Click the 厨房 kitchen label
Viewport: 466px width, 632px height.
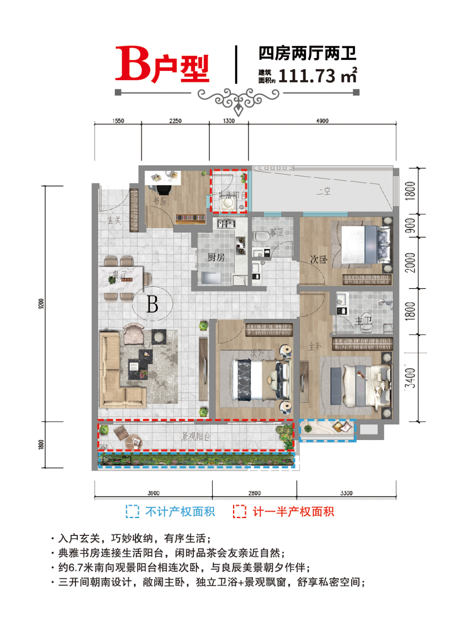click(x=216, y=258)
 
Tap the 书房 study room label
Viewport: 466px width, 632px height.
click(x=160, y=201)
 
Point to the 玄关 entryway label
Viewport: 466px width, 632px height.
click(x=114, y=220)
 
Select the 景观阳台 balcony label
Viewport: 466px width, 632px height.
click(x=196, y=437)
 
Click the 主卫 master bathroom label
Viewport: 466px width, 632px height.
click(x=363, y=321)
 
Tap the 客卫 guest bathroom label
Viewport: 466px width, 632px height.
click(x=277, y=233)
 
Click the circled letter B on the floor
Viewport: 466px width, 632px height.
click(x=152, y=304)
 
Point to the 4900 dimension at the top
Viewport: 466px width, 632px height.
click(x=322, y=121)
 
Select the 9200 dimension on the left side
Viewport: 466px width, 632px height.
click(x=41, y=304)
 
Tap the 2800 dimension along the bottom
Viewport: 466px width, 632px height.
click(x=254, y=493)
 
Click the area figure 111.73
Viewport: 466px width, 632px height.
click(x=307, y=76)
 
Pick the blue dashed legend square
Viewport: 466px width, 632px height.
click(x=132, y=512)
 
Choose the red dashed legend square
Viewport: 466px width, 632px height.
click(x=239, y=512)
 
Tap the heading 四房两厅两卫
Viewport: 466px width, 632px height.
click(x=307, y=53)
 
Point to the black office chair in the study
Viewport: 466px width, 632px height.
click(x=164, y=189)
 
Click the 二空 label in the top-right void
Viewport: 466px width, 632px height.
click(x=323, y=191)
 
